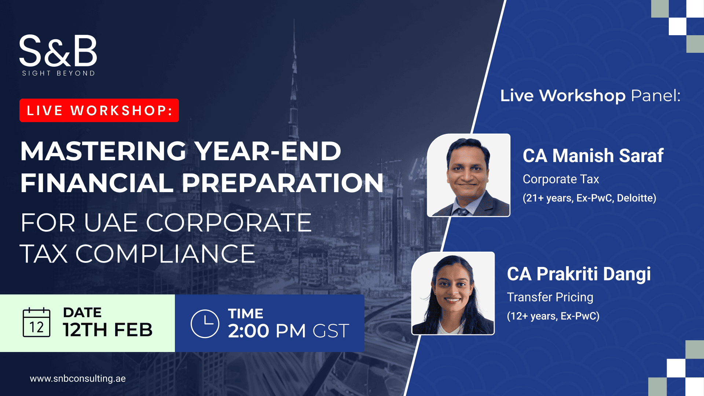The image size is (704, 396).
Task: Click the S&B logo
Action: point(58,55)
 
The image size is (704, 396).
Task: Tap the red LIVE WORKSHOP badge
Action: point(99,110)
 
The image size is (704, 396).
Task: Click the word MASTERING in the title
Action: point(103,151)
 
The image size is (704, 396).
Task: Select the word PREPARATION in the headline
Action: point(283,183)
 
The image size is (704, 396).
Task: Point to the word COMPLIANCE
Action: point(165,254)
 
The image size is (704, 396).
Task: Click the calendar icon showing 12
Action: point(36,322)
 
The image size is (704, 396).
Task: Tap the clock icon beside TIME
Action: point(205,324)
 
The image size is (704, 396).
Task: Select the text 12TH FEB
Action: point(108,330)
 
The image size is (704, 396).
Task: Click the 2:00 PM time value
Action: point(267,331)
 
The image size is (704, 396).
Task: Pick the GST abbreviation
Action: point(331,331)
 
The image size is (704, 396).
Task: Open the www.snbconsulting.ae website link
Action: point(78,379)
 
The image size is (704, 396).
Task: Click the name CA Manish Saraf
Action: point(593,155)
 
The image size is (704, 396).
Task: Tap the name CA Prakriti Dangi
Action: point(579,274)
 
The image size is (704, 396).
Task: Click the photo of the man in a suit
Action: point(469,175)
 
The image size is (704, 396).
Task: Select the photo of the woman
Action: point(453,293)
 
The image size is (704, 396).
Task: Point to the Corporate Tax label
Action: point(561,179)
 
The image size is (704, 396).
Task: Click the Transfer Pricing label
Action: point(550,297)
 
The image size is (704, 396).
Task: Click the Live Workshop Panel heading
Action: point(590,96)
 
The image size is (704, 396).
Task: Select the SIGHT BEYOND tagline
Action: point(59,73)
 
